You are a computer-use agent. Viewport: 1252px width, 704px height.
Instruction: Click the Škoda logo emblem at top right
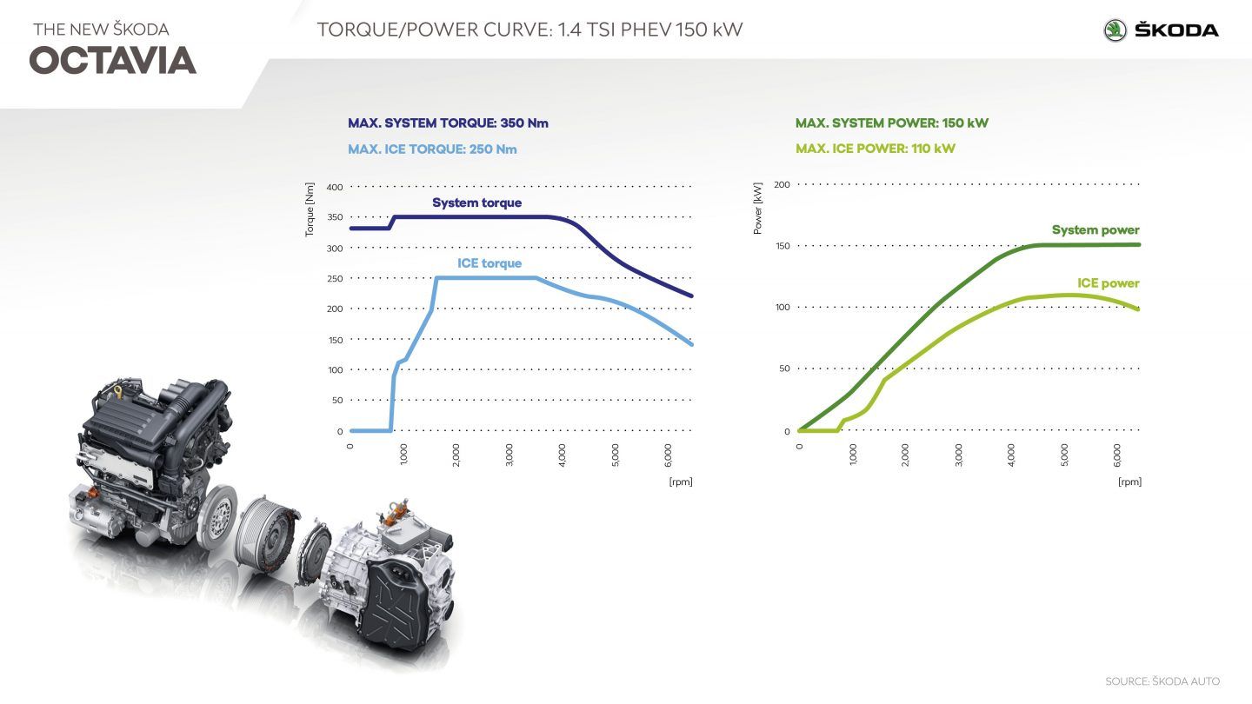(1115, 30)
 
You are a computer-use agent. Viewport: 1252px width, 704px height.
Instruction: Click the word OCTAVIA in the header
(113, 61)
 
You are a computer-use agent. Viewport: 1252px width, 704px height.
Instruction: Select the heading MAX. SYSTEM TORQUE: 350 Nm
(448, 123)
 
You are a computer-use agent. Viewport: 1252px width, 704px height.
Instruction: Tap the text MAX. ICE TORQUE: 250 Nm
(432, 149)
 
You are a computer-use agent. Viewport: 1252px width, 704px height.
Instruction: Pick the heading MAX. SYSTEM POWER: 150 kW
(892, 123)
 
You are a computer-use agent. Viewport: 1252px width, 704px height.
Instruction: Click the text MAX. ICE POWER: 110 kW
(876, 149)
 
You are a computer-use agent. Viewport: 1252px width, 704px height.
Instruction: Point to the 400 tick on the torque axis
(335, 187)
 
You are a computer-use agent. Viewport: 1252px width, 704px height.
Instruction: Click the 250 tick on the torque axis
(335, 278)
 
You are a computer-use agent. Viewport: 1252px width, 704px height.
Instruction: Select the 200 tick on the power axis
(781, 184)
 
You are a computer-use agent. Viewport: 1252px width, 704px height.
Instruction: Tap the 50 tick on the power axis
(783, 369)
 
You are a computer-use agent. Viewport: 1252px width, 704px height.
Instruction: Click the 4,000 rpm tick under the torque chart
(562, 455)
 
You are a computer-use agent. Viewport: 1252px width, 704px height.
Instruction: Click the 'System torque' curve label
(477, 203)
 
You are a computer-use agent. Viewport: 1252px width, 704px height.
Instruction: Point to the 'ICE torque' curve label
(489, 263)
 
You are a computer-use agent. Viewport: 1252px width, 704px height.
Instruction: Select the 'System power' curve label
(1095, 230)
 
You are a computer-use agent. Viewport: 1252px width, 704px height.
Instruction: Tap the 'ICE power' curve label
(1108, 283)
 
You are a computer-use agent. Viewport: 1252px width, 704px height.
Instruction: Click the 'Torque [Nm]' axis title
(310, 211)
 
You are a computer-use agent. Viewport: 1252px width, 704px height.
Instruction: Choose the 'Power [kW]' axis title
(757, 211)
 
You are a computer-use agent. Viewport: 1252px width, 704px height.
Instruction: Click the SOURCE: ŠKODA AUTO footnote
(1162, 681)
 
